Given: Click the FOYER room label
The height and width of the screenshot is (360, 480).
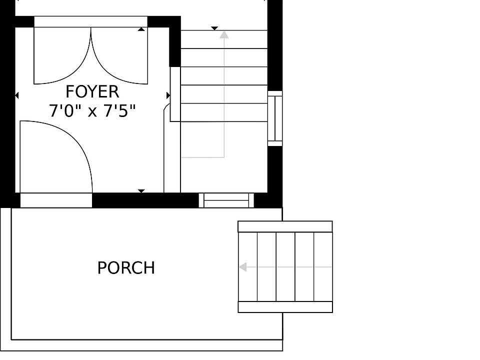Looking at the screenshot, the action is point(92,92).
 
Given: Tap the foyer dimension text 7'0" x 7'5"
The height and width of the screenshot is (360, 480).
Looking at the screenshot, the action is point(92,110).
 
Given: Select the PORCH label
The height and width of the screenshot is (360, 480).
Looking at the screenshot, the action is point(126,268).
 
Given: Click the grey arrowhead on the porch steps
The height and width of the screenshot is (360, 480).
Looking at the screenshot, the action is point(243,267).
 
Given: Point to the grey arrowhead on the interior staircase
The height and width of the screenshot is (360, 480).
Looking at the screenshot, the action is point(224,34).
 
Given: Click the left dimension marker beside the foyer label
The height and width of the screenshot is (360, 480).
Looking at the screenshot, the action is point(17,95).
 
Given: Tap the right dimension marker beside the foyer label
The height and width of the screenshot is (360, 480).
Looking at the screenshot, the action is point(168,95).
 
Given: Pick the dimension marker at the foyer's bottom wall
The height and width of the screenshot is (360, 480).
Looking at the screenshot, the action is point(141,191).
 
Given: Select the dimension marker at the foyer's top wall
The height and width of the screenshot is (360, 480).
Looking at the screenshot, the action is point(141,29).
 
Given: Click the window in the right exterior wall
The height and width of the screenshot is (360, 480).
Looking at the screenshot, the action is point(275,118).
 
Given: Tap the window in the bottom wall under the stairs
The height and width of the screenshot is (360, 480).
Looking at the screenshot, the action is point(226,200).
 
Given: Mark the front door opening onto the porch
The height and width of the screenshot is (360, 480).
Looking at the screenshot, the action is point(56,200).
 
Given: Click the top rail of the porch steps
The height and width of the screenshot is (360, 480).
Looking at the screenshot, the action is point(285,226).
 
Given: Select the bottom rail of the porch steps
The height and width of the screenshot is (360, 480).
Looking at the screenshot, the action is point(285,307).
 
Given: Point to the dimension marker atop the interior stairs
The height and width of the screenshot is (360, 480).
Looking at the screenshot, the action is point(214,28).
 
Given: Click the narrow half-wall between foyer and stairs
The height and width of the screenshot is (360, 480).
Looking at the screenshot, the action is point(175,94).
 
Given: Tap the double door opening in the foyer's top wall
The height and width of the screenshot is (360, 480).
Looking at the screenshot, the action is point(90,21).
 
